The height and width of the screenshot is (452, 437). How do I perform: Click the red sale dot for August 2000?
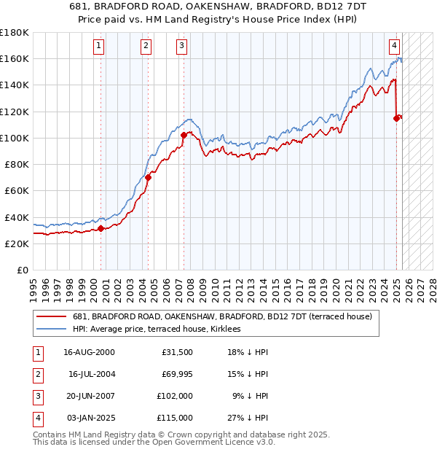(x=101, y=228)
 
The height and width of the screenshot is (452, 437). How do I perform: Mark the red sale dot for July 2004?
(x=148, y=177)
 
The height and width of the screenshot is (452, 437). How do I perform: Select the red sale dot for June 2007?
(x=184, y=135)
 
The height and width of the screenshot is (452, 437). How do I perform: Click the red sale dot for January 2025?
(x=397, y=117)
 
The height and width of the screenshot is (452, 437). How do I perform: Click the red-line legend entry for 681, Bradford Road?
(x=222, y=316)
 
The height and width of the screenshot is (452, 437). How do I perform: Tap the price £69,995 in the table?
(x=177, y=374)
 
